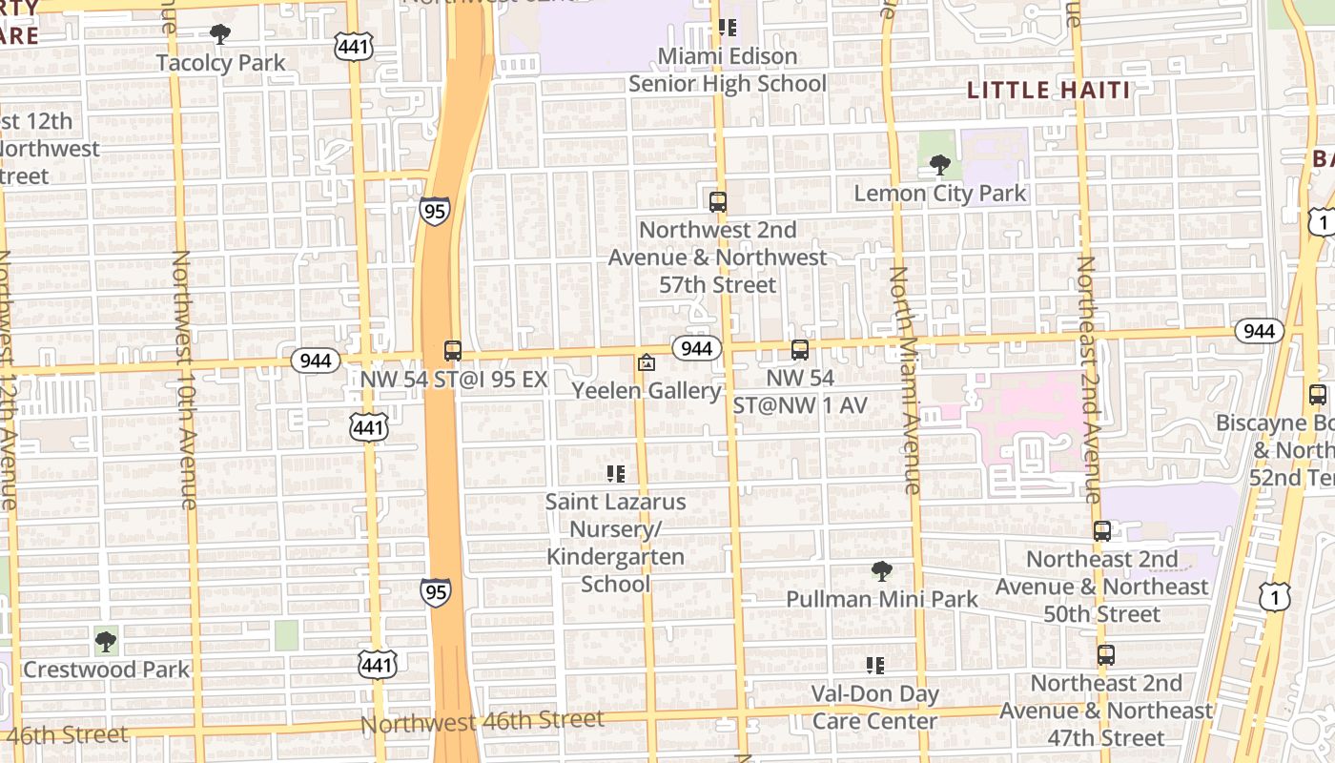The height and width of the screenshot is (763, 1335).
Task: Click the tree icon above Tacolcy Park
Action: click(220, 35)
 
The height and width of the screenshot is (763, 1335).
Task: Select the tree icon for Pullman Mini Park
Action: click(882, 571)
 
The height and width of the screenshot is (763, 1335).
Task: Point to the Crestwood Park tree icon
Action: click(106, 641)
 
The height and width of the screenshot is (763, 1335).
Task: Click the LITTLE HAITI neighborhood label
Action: click(1048, 91)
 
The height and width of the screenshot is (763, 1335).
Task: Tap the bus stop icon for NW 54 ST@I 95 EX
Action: click(453, 351)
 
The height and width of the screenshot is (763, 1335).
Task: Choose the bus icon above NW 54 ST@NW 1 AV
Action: click(799, 350)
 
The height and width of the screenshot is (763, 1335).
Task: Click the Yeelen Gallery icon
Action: click(647, 363)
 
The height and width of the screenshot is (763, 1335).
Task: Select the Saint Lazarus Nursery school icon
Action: click(615, 473)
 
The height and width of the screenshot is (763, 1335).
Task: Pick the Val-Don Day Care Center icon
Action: click(874, 666)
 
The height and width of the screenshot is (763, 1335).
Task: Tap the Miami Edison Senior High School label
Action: click(727, 70)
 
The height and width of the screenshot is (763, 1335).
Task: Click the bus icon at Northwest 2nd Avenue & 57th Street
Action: click(718, 201)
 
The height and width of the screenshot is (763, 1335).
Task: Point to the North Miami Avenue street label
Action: click(905, 380)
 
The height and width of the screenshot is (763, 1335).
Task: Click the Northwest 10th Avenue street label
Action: click(184, 380)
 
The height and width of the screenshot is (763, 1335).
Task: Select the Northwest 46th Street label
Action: click(482, 722)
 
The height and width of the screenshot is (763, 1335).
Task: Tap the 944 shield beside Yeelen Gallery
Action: click(696, 348)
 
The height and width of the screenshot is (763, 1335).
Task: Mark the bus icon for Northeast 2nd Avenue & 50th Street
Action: click(1102, 531)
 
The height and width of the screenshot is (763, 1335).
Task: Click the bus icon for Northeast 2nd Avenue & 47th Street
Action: click(1106, 655)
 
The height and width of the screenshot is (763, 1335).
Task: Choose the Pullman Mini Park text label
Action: click(882, 599)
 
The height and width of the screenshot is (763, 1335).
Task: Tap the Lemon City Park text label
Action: click(939, 194)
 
